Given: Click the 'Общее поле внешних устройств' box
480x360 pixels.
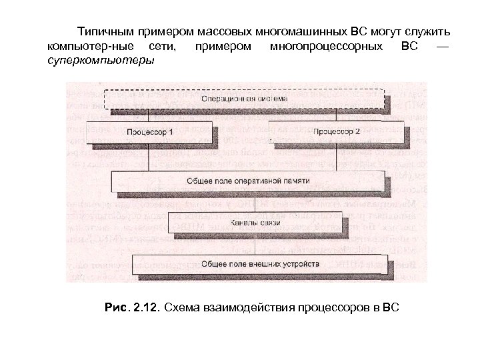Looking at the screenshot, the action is [x=260, y=263].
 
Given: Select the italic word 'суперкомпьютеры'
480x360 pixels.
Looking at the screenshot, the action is [x=100, y=61].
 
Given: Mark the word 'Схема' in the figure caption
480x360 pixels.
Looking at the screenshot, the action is [x=181, y=307].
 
